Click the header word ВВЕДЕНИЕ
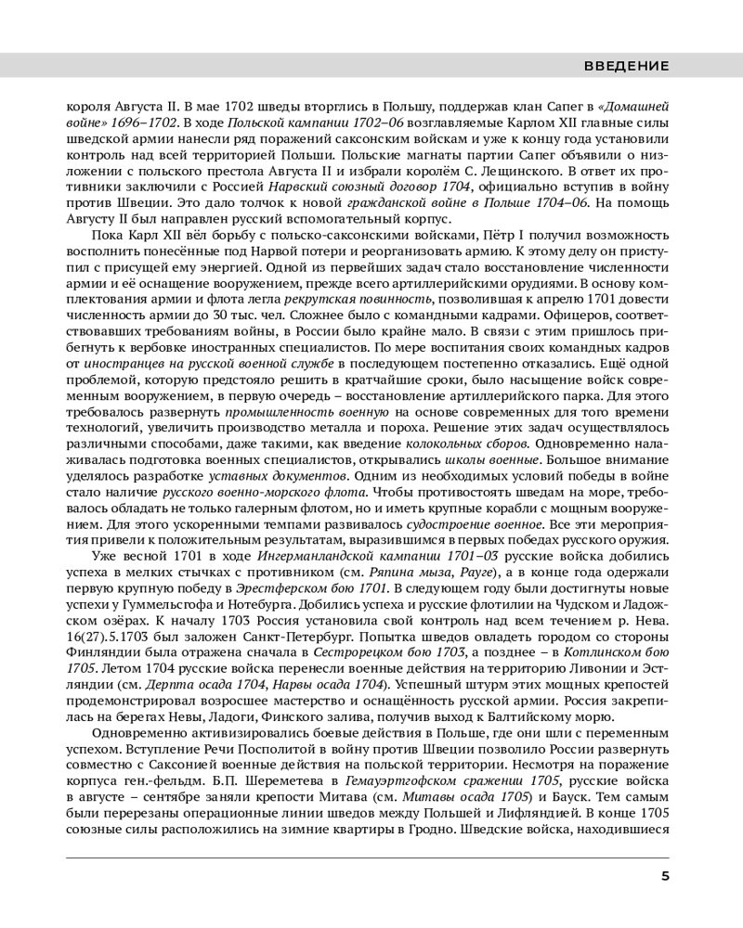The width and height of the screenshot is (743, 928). (x=627, y=66)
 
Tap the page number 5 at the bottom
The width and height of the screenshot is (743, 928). (x=665, y=877)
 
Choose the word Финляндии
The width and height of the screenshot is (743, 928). (x=101, y=658)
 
